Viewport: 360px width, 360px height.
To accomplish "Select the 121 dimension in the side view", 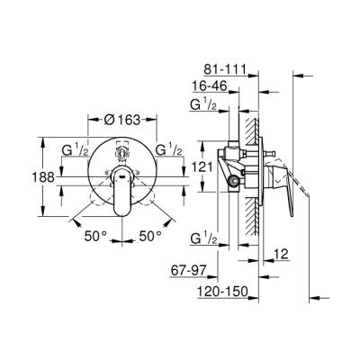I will pyautogui.click(x=204, y=168).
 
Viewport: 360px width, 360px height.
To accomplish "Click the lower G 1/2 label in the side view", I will pyautogui.click(x=205, y=238).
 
